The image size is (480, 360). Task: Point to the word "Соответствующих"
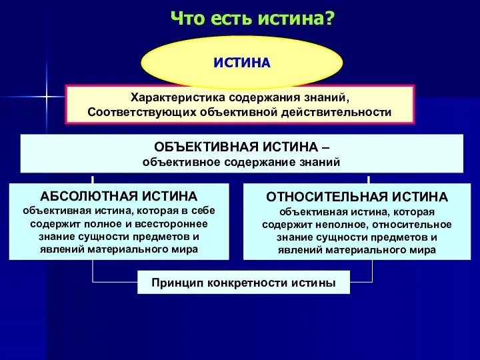coord(139,112)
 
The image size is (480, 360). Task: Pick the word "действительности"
coord(345,112)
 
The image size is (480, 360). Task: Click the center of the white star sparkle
coord(45,97)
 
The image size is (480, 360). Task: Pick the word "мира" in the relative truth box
coord(423,251)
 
